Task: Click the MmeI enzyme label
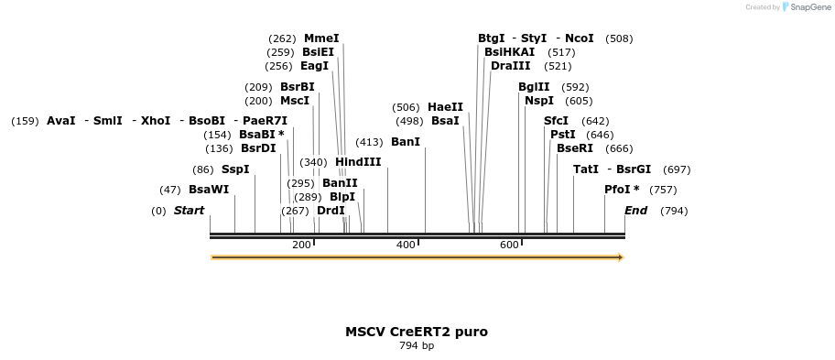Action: [321, 38]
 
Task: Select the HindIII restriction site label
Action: [358, 162]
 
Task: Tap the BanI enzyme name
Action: [406, 142]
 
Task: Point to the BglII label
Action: [534, 87]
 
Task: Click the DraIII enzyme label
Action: [510, 66]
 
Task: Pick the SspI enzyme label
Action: [235, 169]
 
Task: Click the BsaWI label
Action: [209, 190]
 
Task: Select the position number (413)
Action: [369, 142]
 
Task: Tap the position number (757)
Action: [663, 190]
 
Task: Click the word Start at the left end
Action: [190, 211]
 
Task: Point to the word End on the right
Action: [635, 211]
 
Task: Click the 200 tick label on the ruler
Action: [301, 245]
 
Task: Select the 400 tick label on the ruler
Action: [406, 245]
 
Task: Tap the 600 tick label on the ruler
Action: [509, 245]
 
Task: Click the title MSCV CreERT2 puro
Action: [417, 332]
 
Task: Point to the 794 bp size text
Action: [417, 346]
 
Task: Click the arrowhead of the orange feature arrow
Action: [621, 257]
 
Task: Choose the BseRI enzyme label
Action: [575, 148]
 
